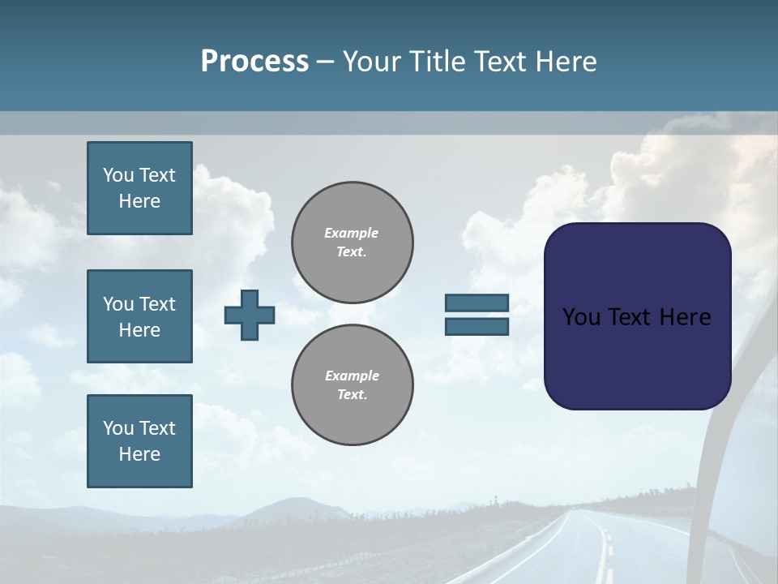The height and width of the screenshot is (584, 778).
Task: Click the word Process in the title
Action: [254, 61]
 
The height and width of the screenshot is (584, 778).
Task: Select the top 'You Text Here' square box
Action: [139, 188]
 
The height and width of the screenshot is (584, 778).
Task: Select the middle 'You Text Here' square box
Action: [139, 316]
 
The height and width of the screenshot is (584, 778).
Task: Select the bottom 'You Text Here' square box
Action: [139, 441]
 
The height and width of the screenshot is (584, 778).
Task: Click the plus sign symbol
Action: [250, 315]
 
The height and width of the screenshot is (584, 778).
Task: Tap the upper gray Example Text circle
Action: [352, 243]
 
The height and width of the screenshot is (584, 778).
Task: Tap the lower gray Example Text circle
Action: [352, 385]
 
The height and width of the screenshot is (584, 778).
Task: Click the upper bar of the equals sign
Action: [477, 303]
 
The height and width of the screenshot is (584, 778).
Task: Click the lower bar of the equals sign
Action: [477, 327]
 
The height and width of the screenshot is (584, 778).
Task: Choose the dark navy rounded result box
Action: [637, 357]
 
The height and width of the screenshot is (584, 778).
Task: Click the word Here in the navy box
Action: [685, 317]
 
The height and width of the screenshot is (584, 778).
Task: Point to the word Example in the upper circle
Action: [351, 233]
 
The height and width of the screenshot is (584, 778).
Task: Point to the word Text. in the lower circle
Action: [352, 395]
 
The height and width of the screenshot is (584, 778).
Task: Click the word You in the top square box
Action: [118, 175]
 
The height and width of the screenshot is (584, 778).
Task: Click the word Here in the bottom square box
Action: [139, 454]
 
